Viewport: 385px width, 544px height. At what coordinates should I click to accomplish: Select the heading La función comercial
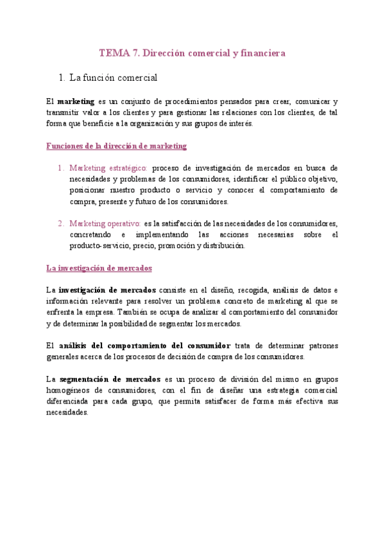113,78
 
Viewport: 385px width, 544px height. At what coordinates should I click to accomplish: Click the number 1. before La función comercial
62,78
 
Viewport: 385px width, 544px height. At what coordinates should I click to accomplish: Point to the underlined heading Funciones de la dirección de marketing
117,146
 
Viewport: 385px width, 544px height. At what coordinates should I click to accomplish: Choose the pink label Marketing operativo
105,223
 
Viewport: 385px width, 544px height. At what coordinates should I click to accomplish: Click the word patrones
322,345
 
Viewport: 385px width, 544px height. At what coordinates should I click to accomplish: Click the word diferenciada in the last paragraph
73,401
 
